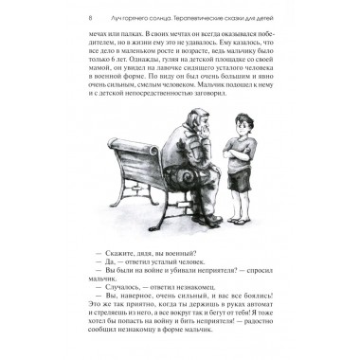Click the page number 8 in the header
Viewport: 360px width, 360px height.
point(89,18)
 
